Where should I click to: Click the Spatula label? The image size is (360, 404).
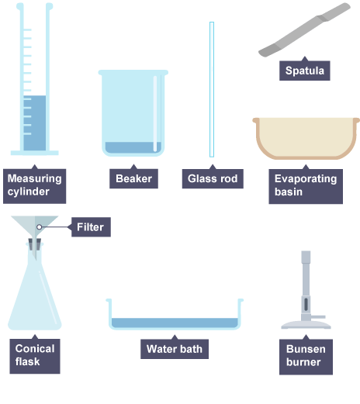(x=305, y=71)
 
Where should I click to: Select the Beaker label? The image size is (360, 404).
(x=133, y=178)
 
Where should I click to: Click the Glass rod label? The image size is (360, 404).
(x=213, y=178)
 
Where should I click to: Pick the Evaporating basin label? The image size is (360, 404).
(x=306, y=186)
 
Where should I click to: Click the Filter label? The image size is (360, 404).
(x=91, y=227)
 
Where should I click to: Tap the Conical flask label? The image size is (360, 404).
(x=35, y=356)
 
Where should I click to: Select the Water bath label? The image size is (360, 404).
(x=175, y=349)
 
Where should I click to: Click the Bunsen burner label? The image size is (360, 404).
(x=306, y=357)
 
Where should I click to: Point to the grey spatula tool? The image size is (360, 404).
(x=305, y=29)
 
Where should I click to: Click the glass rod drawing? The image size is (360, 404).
(x=212, y=89)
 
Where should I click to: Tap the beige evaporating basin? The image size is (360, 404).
(x=306, y=138)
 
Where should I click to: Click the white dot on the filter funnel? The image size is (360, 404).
(x=39, y=227)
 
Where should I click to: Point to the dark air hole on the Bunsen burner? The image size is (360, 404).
(x=306, y=304)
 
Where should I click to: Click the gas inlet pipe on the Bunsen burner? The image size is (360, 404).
(x=318, y=317)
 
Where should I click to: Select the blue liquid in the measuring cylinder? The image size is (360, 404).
(x=35, y=123)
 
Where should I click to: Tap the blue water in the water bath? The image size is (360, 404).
(x=175, y=323)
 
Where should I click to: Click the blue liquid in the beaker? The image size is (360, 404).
(x=133, y=147)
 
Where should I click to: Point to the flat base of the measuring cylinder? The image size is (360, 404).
(x=35, y=153)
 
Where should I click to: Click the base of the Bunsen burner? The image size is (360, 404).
(x=306, y=325)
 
